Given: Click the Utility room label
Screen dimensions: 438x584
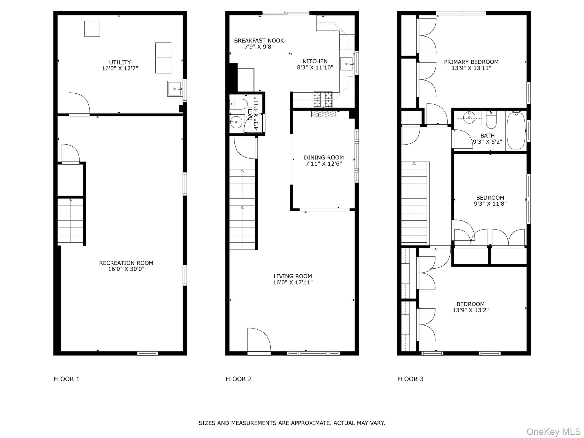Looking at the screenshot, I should point(120,62).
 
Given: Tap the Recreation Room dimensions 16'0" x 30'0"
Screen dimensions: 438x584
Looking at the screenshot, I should point(126,269).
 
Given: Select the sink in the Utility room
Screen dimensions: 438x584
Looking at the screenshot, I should point(175,89).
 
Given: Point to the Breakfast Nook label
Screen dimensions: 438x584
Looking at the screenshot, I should point(259,41).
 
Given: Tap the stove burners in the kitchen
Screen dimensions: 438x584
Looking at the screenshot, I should point(323,99).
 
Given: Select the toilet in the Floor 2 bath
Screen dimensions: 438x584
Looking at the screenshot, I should point(238,104).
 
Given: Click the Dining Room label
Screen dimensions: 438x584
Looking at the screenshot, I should point(324,157).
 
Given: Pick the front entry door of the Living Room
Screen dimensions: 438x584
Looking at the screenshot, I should point(259,341).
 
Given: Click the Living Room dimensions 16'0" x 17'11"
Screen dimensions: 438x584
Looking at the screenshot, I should point(293,283).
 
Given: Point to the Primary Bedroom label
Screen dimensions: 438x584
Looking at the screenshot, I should point(471,62).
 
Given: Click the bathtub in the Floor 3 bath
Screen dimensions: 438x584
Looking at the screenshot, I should point(516,130).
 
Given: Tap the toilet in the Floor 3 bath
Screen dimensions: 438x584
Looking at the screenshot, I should point(491,121).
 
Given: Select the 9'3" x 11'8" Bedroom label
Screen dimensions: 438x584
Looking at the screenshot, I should point(490,198).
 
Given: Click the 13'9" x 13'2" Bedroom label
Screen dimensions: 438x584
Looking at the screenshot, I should point(471,304).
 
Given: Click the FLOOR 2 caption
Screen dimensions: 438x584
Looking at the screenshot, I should point(238,379).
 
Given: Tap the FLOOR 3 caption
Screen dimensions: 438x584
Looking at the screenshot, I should point(410,379).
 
